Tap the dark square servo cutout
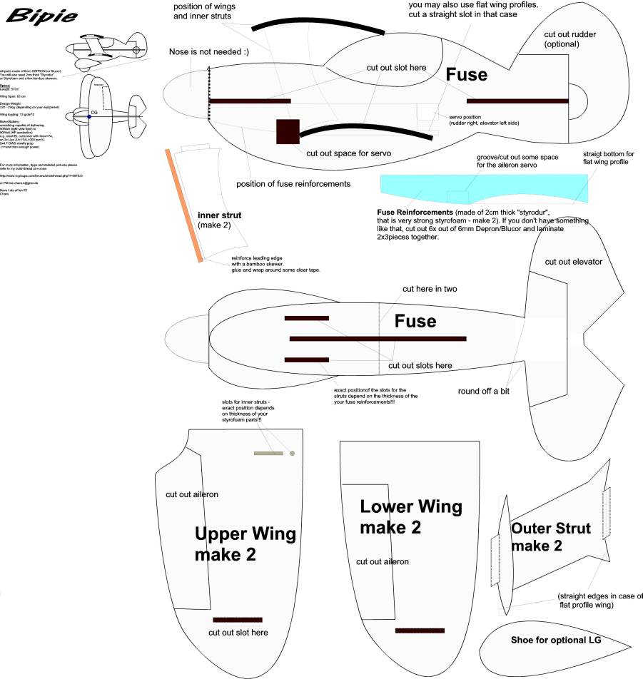click(287, 131)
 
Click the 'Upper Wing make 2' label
click(245, 544)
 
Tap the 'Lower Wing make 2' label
click(411, 517)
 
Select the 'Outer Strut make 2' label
click(551, 537)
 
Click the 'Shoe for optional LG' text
click(556, 640)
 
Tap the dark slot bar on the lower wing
click(420, 630)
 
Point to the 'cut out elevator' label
click(573, 262)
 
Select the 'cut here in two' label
click(430, 289)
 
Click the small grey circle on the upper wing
click(291, 453)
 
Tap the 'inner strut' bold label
click(219, 214)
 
